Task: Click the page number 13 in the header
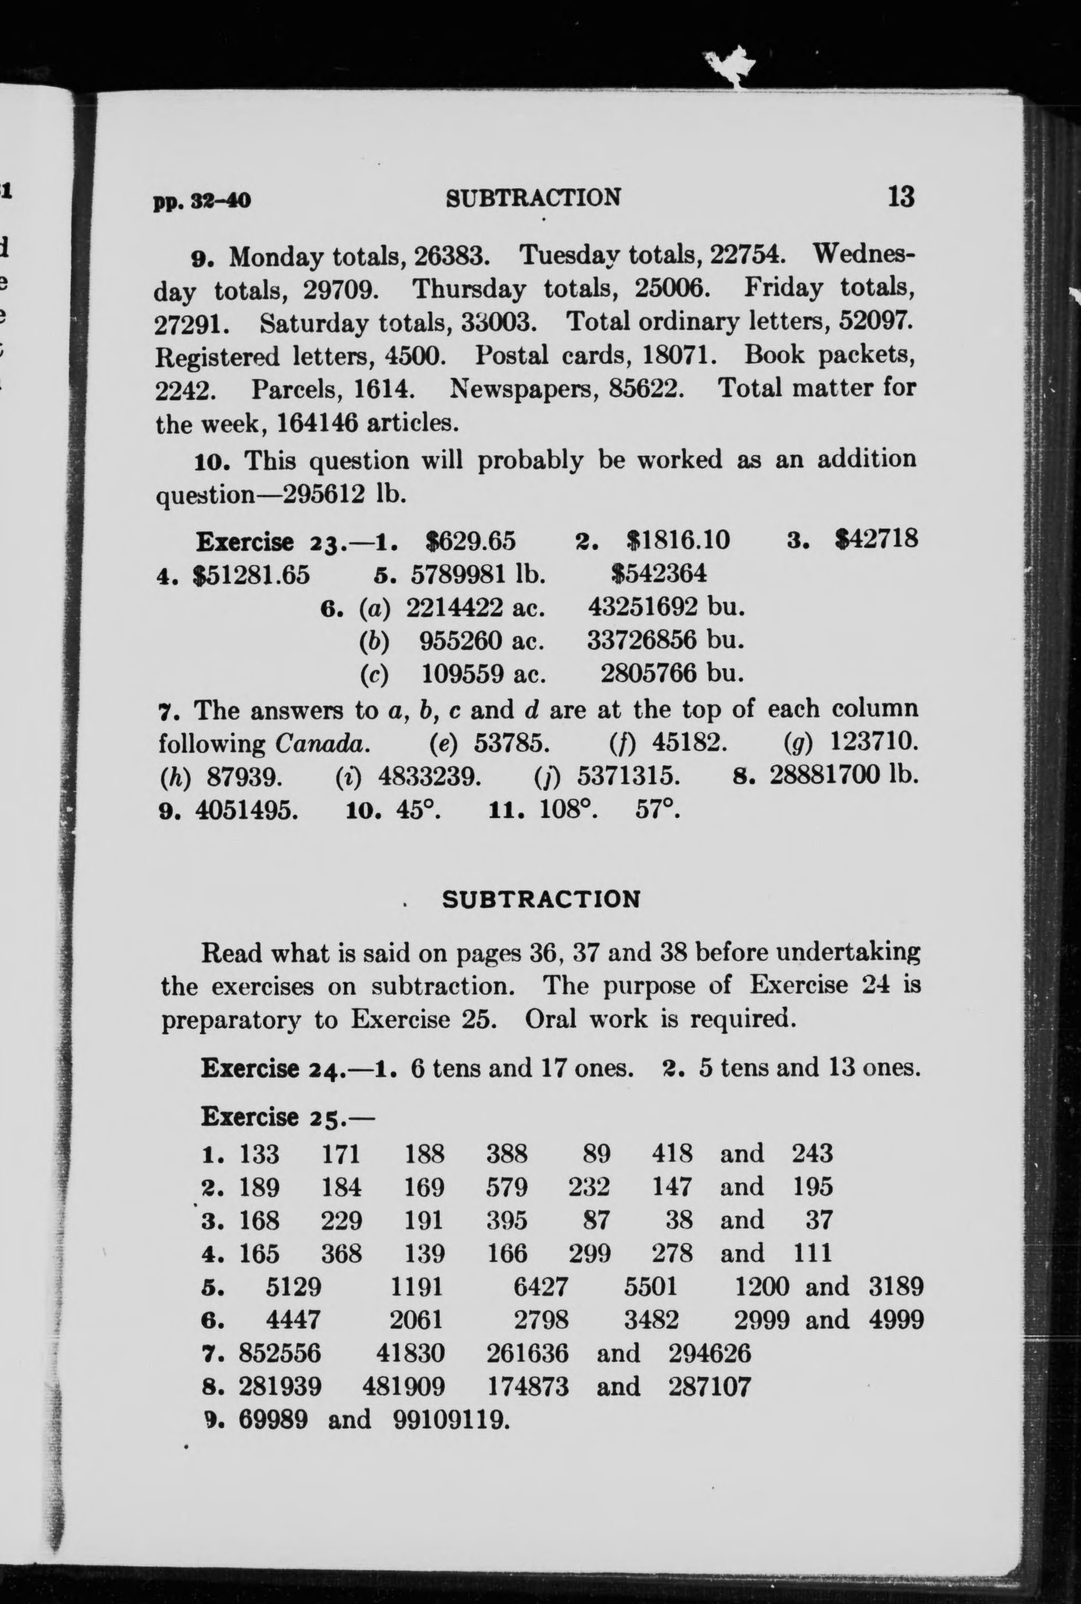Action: [900, 197]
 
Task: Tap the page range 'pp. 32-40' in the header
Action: [202, 201]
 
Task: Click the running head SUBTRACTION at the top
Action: [533, 198]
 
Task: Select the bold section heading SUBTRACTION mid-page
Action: [541, 899]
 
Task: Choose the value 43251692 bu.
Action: [667, 607]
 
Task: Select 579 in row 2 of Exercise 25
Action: [507, 1187]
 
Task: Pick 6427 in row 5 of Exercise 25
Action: [541, 1287]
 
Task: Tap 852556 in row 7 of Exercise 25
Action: [280, 1353]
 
